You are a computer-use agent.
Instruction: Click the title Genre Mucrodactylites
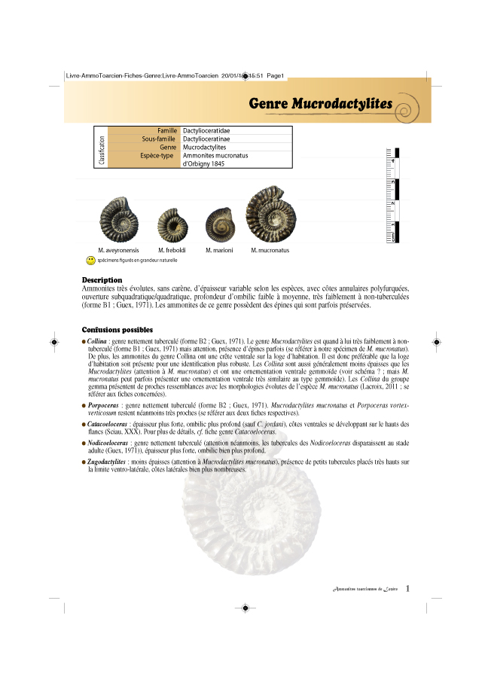click(x=320, y=103)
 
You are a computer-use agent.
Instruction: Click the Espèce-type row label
click(x=157, y=156)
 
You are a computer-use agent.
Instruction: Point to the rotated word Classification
click(x=102, y=151)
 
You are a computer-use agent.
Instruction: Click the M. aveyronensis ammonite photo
click(x=120, y=218)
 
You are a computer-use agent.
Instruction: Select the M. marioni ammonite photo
click(x=220, y=223)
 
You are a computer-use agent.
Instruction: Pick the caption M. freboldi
click(x=172, y=250)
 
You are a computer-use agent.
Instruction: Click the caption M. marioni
click(x=219, y=250)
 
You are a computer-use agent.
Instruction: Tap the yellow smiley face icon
click(x=90, y=260)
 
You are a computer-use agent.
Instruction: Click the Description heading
click(x=102, y=281)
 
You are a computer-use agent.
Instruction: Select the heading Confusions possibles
click(x=117, y=330)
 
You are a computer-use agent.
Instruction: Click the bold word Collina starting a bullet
click(x=96, y=342)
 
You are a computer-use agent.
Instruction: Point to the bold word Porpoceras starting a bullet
click(x=103, y=406)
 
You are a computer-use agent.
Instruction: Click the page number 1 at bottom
click(x=407, y=588)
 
